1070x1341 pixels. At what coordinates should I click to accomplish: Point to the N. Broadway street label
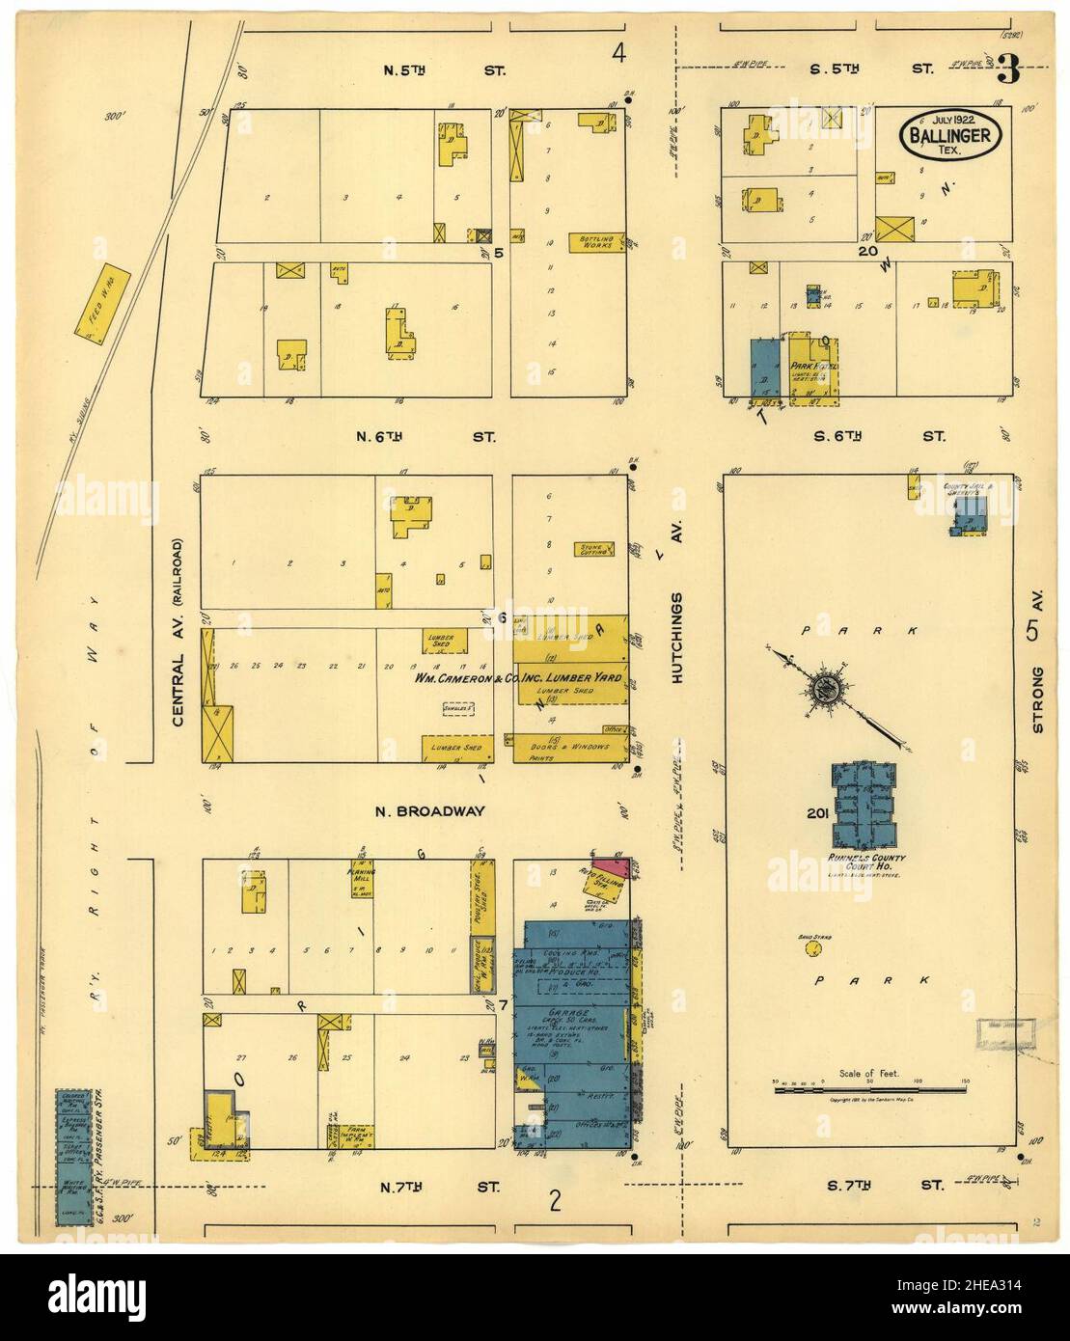431,811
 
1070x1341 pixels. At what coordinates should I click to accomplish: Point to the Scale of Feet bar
869,1088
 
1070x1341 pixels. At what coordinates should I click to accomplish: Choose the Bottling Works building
598,241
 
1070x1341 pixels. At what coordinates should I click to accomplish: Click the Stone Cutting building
594,551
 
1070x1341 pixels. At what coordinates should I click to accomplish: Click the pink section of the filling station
609,867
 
